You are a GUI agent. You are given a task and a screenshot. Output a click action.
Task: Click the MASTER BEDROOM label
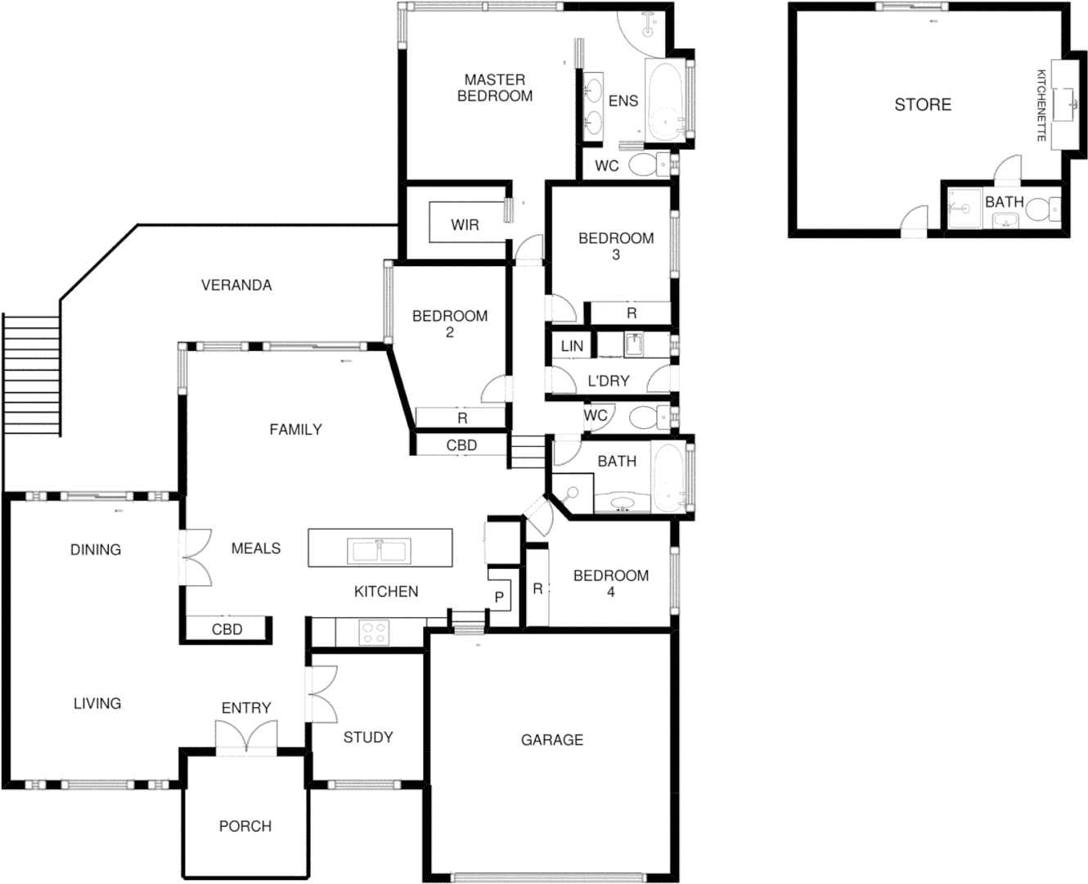pos(494,88)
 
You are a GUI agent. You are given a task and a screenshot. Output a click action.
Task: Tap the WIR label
pos(465,225)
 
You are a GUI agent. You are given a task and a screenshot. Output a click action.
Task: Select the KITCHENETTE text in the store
pos(1041,105)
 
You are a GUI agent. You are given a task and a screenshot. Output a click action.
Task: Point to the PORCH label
pos(245,826)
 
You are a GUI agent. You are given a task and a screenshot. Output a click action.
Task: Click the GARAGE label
pos(552,740)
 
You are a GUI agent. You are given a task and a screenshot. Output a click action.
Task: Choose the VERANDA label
pos(236,285)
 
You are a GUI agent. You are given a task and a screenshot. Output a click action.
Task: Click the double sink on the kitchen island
pos(379,549)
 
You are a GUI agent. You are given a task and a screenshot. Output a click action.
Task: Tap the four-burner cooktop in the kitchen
pos(375,632)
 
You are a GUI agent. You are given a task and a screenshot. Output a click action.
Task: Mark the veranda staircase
pos(31,375)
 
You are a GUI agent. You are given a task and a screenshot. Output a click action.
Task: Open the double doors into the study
pos(321,693)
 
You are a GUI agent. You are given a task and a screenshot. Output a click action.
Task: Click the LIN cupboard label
pos(572,346)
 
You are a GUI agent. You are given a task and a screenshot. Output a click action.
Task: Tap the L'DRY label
pos(608,380)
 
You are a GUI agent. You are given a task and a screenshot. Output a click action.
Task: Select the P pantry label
pos(498,598)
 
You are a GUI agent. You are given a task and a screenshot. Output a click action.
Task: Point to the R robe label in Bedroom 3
pos(632,313)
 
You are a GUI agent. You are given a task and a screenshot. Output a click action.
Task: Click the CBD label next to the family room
pos(461,445)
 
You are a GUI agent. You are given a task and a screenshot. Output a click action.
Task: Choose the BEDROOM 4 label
pos(610,584)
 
